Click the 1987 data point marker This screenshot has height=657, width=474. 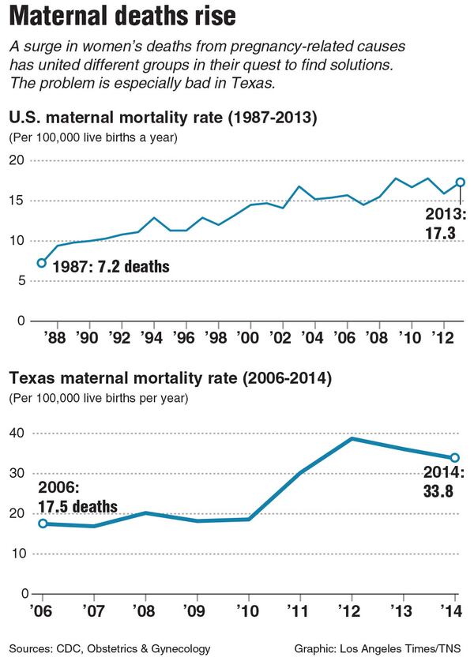(41, 263)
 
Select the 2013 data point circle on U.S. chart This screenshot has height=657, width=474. (461, 182)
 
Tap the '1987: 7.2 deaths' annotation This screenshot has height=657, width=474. (111, 266)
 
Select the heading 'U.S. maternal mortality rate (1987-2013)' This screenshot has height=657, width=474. (163, 119)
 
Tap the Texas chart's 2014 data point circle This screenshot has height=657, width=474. (456, 457)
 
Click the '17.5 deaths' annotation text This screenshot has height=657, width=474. (77, 506)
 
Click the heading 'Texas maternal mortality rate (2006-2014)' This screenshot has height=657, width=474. (169, 379)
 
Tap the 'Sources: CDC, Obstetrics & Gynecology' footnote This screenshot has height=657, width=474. (110, 648)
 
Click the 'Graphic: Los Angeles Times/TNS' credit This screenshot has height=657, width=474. (378, 648)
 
